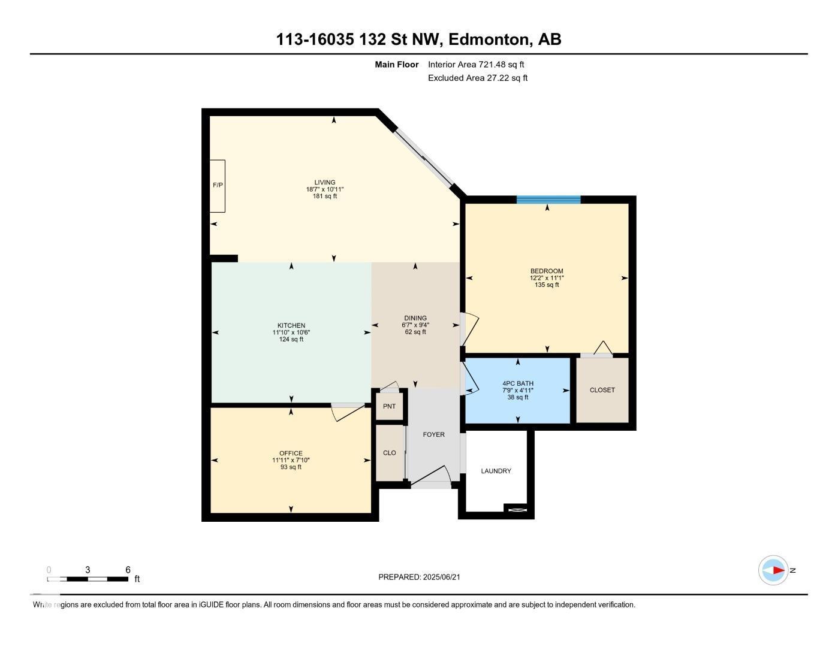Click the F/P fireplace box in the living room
tap(217, 186)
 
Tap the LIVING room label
tap(325, 183)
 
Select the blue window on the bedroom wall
tap(548, 199)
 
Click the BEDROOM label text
tap(547, 271)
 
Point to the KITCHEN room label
tap(291, 325)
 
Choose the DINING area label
tap(415, 318)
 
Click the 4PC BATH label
tap(518, 383)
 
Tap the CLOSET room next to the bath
tap(602, 390)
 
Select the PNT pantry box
tap(390, 406)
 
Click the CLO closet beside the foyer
tap(390, 452)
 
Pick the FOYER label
tap(434, 434)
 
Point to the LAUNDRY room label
tap(496, 471)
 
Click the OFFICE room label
tap(291, 453)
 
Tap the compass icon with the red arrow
tap(774, 570)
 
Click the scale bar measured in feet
tap(88, 579)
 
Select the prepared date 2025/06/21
tap(441, 577)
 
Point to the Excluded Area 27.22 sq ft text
tap(477, 78)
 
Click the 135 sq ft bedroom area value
tap(547, 285)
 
